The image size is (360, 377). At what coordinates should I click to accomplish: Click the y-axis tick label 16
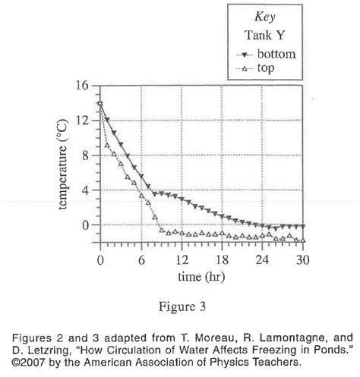click(82, 86)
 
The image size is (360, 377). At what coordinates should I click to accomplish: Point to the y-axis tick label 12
click(82, 121)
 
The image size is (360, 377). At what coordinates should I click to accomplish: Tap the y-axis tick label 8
click(85, 156)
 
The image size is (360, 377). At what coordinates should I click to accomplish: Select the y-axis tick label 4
click(85, 190)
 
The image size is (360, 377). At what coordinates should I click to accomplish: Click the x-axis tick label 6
click(141, 259)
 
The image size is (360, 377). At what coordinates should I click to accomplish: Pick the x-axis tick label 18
click(222, 259)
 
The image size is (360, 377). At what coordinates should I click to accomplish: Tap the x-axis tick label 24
click(262, 259)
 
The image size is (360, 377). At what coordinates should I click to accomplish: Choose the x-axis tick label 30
click(303, 259)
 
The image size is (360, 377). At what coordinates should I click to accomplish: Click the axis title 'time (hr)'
click(201, 277)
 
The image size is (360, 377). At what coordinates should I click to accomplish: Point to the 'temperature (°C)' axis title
click(62, 165)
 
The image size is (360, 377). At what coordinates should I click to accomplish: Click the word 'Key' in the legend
click(265, 17)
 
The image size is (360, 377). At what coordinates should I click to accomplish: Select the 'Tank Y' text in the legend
click(265, 35)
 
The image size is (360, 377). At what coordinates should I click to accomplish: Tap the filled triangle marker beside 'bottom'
click(245, 55)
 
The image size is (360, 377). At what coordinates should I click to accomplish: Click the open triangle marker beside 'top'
click(244, 68)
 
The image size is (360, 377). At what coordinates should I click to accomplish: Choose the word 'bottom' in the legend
click(276, 54)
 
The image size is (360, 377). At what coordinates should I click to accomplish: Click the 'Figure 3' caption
click(182, 306)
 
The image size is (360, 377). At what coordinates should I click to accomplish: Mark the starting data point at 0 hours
click(100, 103)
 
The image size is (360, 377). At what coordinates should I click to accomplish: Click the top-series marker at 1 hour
click(107, 145)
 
